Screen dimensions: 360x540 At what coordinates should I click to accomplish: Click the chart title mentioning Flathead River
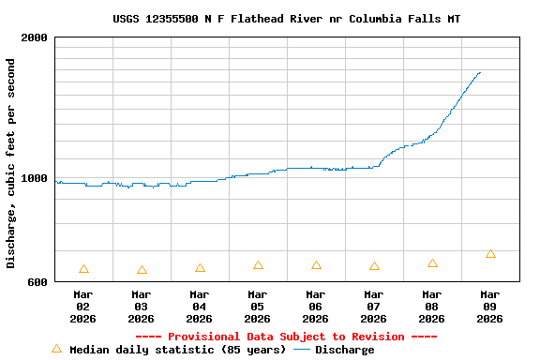[x=286, y=19]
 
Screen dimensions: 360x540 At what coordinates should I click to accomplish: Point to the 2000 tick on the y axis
[x=35, y=37]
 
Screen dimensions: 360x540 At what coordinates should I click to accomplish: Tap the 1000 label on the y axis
[x=35, y=178]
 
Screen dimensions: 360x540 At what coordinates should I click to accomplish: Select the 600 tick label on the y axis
[x=38, y=282]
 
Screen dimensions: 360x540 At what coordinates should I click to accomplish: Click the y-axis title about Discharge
[x=11, y=163]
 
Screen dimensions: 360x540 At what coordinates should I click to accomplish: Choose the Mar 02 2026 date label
[x=83, y=307]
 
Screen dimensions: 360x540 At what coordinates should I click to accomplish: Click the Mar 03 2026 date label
[x=142, y=307]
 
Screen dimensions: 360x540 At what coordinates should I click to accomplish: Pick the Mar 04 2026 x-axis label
[x=200, y=307]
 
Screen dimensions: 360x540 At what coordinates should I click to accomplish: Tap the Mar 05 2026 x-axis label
[x=258, y=307]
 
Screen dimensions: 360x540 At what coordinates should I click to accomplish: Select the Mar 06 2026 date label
[x=316, y=307]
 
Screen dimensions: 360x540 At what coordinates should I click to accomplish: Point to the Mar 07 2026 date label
[x=374, y=307]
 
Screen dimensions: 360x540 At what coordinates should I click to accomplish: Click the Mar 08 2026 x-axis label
[x=432, y=307]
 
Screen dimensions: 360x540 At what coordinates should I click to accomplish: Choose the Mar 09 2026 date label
[x=490, y=307]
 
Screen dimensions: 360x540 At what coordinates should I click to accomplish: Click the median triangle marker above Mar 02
[x=83, y=269]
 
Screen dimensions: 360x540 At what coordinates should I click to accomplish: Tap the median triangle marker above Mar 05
[x=258, y=265]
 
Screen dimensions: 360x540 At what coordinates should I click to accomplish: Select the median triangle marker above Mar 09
[x=490, y=254]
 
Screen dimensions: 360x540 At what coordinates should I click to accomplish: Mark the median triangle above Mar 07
[x=374, y=266]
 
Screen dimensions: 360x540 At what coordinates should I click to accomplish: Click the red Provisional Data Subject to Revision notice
[x=286, y=337]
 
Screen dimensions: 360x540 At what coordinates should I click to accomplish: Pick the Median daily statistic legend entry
[x=169, y=350]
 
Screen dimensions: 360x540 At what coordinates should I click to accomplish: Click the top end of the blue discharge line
[x=480, y=72]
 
